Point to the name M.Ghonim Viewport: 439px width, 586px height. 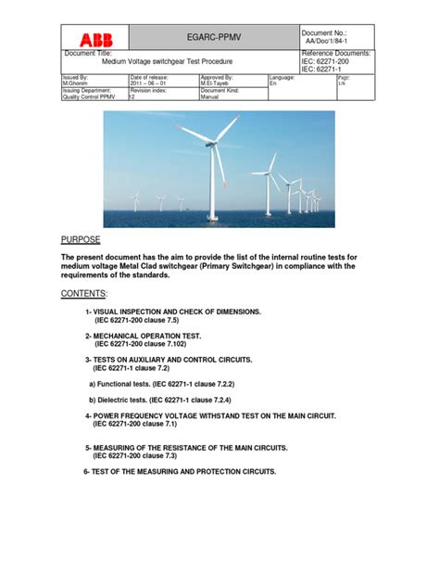tap(76, 83)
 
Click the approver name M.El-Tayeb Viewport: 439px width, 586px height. tap(219, 83)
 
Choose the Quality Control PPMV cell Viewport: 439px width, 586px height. tap(89, 96)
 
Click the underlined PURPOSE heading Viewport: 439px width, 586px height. tap(82, 239)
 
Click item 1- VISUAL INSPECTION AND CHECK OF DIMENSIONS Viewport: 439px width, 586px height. tap(173, 312)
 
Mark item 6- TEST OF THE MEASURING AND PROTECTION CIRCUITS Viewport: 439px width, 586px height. tap(180, 471)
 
